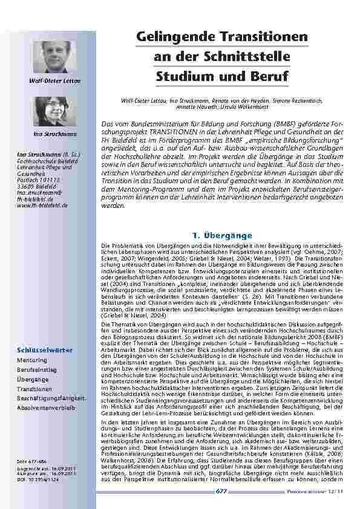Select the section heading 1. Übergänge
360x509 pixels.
point(222,218)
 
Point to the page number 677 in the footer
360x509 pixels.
point(222,493)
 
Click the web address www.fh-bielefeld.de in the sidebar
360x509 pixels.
point(42,206)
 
